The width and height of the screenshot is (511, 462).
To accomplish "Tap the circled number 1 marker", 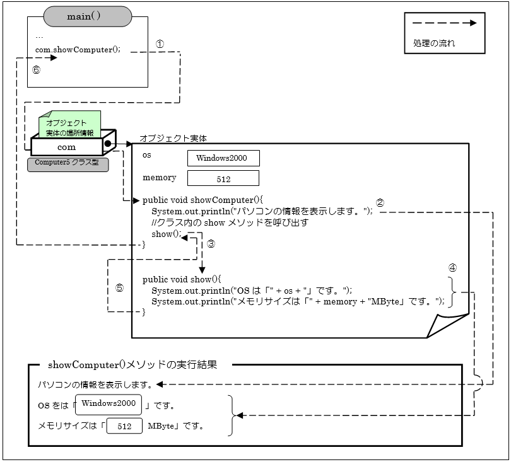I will pyautogui.click(x=160, y=44).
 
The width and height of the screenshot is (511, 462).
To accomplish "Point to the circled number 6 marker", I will pyautogui.click(x=36, y=70).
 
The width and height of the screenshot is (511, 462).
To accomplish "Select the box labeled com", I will pyautogui.click(x=66, y=147).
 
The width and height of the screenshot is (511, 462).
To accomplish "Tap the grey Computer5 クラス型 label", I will pyautogui.click(x=68, y=164).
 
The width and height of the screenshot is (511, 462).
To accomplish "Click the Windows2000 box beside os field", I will pyautogui.click(x=223, y=158).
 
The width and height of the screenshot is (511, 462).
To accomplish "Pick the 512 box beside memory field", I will pyautogui.click(x=223, y=178).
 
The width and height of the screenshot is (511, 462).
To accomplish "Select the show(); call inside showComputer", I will pyautogui.click(x=166, y=234).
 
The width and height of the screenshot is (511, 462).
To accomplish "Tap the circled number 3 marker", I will pyautogui.click(x=211, y=243).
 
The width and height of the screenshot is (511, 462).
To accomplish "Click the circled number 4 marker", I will pyautogui.click(x=452, y=267).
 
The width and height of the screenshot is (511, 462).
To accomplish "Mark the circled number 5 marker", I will pyautogui.click(x=119, y=287).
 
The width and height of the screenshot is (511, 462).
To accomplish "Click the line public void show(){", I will pyautogui.click(x=183, y=279).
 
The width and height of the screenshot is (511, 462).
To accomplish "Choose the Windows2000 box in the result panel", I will pyautogui.click(x=109, y=404).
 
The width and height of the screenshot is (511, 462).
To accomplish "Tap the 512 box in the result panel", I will pyautogui.click(x=124, y=427).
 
